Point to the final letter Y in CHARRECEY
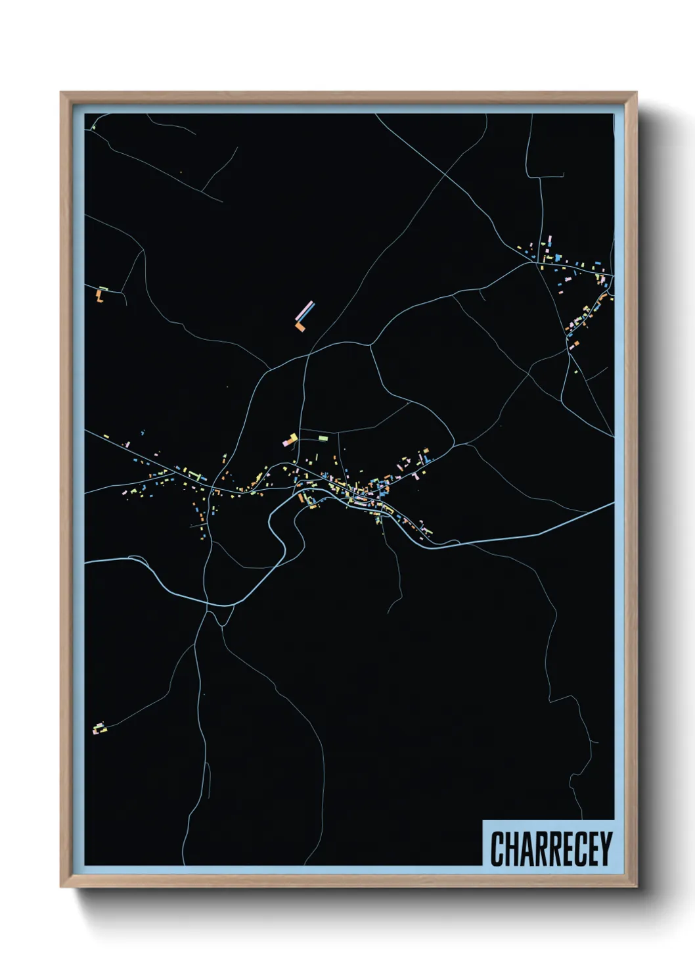pos(606,849)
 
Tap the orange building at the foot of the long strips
pos(301,327)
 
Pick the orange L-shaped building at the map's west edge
pos(100,296)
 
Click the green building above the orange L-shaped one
pos(103,288)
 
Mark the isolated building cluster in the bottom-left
pos(99,728)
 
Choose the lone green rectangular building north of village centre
pos(323,438)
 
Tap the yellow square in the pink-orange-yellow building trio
pos(294,437)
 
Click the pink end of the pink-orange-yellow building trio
pos(286,444)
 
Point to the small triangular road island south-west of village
pos(221,617)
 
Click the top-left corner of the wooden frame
pos(61,93)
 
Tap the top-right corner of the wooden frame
pos(636,93)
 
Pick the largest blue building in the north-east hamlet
pos(558,257)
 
